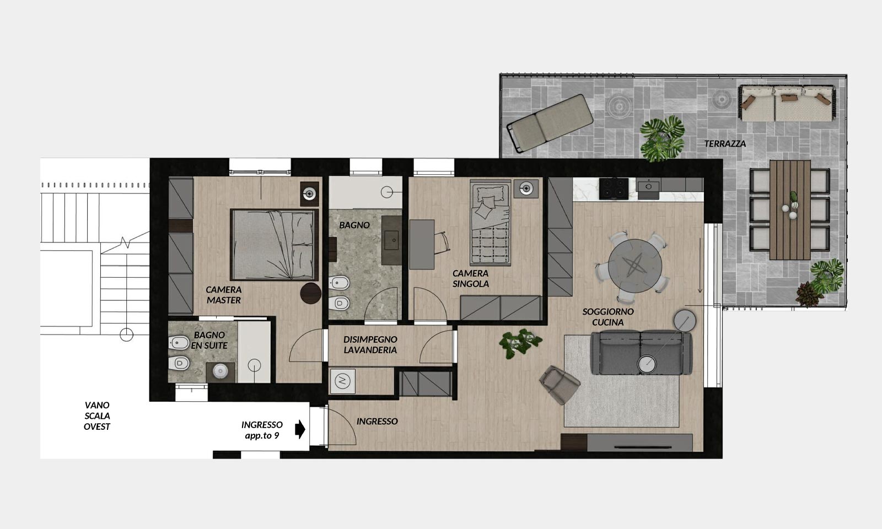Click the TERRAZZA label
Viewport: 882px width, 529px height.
tap(725, 144)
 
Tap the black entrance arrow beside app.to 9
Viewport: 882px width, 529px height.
tap(300, 429)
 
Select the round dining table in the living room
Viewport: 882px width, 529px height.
tap(634, 266)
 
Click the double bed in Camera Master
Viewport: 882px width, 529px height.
tap(275, 245)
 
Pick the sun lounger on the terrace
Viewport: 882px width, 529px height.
tap(550, 123)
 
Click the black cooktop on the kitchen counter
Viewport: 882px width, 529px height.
tap(614, 188)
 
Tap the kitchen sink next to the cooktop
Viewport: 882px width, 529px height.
tap(648, 186)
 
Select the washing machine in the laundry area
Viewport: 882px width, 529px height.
tap(342, 381)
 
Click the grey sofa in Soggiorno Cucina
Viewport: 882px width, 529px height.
tap(641, 352)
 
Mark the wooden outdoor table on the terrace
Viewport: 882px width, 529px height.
tap(790, 210)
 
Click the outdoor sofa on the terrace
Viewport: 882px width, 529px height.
tap(786, 103)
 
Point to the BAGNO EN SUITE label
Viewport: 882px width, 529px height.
tap(209, 340)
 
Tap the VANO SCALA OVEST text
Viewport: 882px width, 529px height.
tap(97, 415)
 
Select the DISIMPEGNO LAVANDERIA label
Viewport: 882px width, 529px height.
tap(370, 344)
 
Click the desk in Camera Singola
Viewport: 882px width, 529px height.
tap(422, 245)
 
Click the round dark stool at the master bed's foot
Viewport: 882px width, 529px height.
tap(311, 293)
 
